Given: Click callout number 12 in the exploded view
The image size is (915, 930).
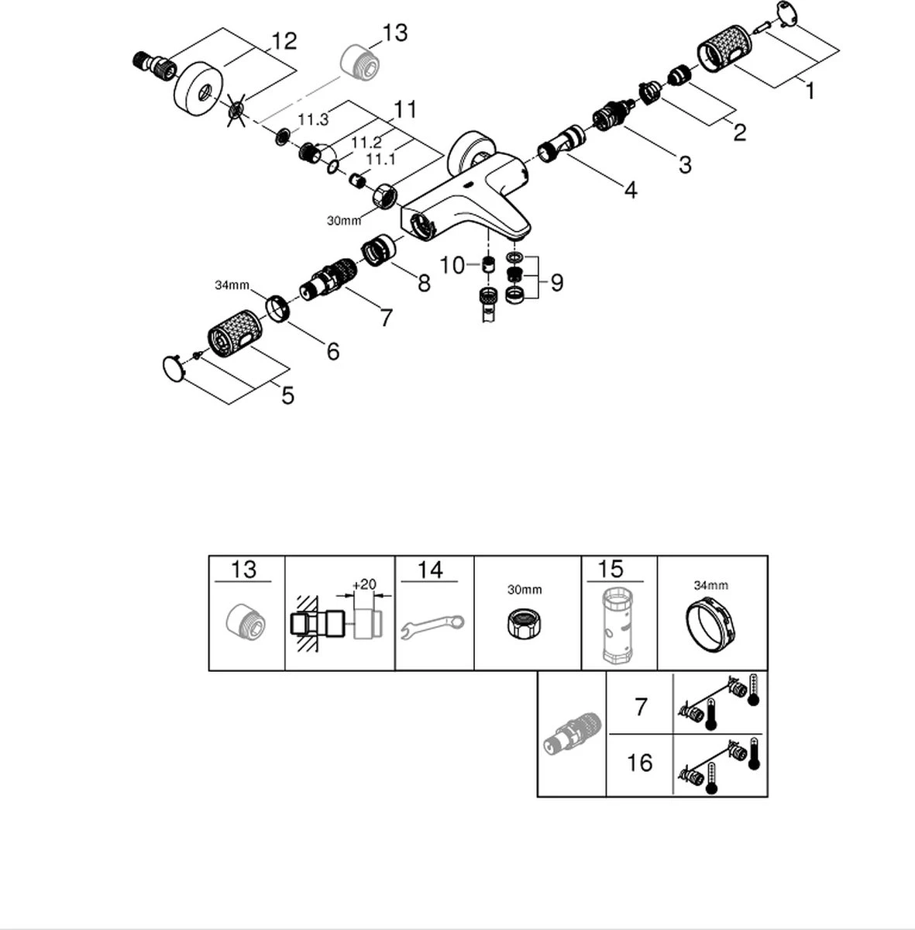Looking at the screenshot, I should [284, 41].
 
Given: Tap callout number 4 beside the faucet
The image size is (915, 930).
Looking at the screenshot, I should [631, 190].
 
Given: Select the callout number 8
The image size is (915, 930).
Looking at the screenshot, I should [423, 284].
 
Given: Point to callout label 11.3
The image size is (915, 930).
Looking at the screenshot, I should [313, 120].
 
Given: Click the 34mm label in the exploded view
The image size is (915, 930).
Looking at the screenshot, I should [231, 285].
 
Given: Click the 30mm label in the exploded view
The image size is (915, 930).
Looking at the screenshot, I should [343, 220].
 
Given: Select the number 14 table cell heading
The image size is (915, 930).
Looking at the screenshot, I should [430, 571].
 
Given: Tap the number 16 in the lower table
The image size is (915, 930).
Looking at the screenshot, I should [640, 763].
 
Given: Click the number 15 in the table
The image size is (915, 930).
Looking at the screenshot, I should [611, 570].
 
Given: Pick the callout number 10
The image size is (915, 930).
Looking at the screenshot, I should [452, 266].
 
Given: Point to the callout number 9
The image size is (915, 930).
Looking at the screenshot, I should [556, 283].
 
